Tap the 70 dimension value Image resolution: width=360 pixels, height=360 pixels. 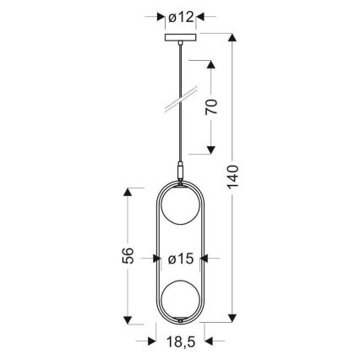pyautogui.click(x=213, y=106)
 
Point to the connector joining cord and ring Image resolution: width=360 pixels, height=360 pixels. pyautogui.click(x=179, y=172)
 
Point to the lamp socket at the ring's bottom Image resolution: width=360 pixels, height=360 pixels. pyautogui.click(x=180, y=321)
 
